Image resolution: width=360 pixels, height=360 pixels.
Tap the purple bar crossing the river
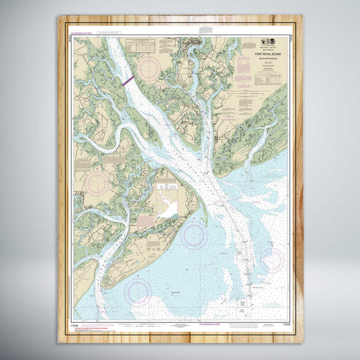(x=128, y=79)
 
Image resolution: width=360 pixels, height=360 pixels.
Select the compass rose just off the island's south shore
(x=194, y=234)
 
